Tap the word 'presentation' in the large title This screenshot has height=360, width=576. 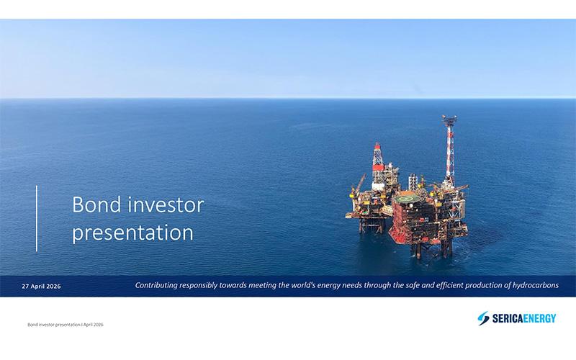[133, 233]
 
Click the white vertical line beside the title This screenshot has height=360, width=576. [37, 218]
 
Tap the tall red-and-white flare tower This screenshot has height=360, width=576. [449, 144]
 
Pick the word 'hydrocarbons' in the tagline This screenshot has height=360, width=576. [531, 286]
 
